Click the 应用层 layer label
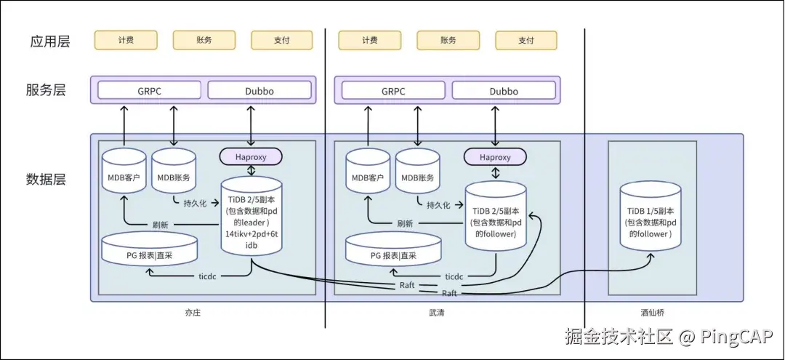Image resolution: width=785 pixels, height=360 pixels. [x=50, y=41]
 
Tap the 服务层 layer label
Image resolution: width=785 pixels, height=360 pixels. [x=46, y=90]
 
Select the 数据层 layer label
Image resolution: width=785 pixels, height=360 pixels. [x=46, y=179]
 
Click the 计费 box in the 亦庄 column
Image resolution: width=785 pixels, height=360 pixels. [x=126, y=40]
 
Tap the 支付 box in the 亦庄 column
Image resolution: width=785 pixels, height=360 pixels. [x=281, y=40]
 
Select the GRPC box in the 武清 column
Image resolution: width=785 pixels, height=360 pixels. [x=393, y=91]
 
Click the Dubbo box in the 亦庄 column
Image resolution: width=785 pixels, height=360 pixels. [x=259, y=91]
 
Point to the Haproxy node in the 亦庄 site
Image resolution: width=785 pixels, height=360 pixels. [x=251, y=156]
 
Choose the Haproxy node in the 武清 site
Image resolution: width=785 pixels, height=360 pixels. [x=495, y=156]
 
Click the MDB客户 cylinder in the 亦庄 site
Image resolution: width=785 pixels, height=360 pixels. [x=124, y=175]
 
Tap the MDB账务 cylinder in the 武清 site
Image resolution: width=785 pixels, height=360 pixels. [x=418, y=175]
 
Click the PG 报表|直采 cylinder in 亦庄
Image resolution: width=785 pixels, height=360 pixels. [x=149, y=251]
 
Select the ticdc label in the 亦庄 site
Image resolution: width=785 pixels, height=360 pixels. [x=209, y=277]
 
